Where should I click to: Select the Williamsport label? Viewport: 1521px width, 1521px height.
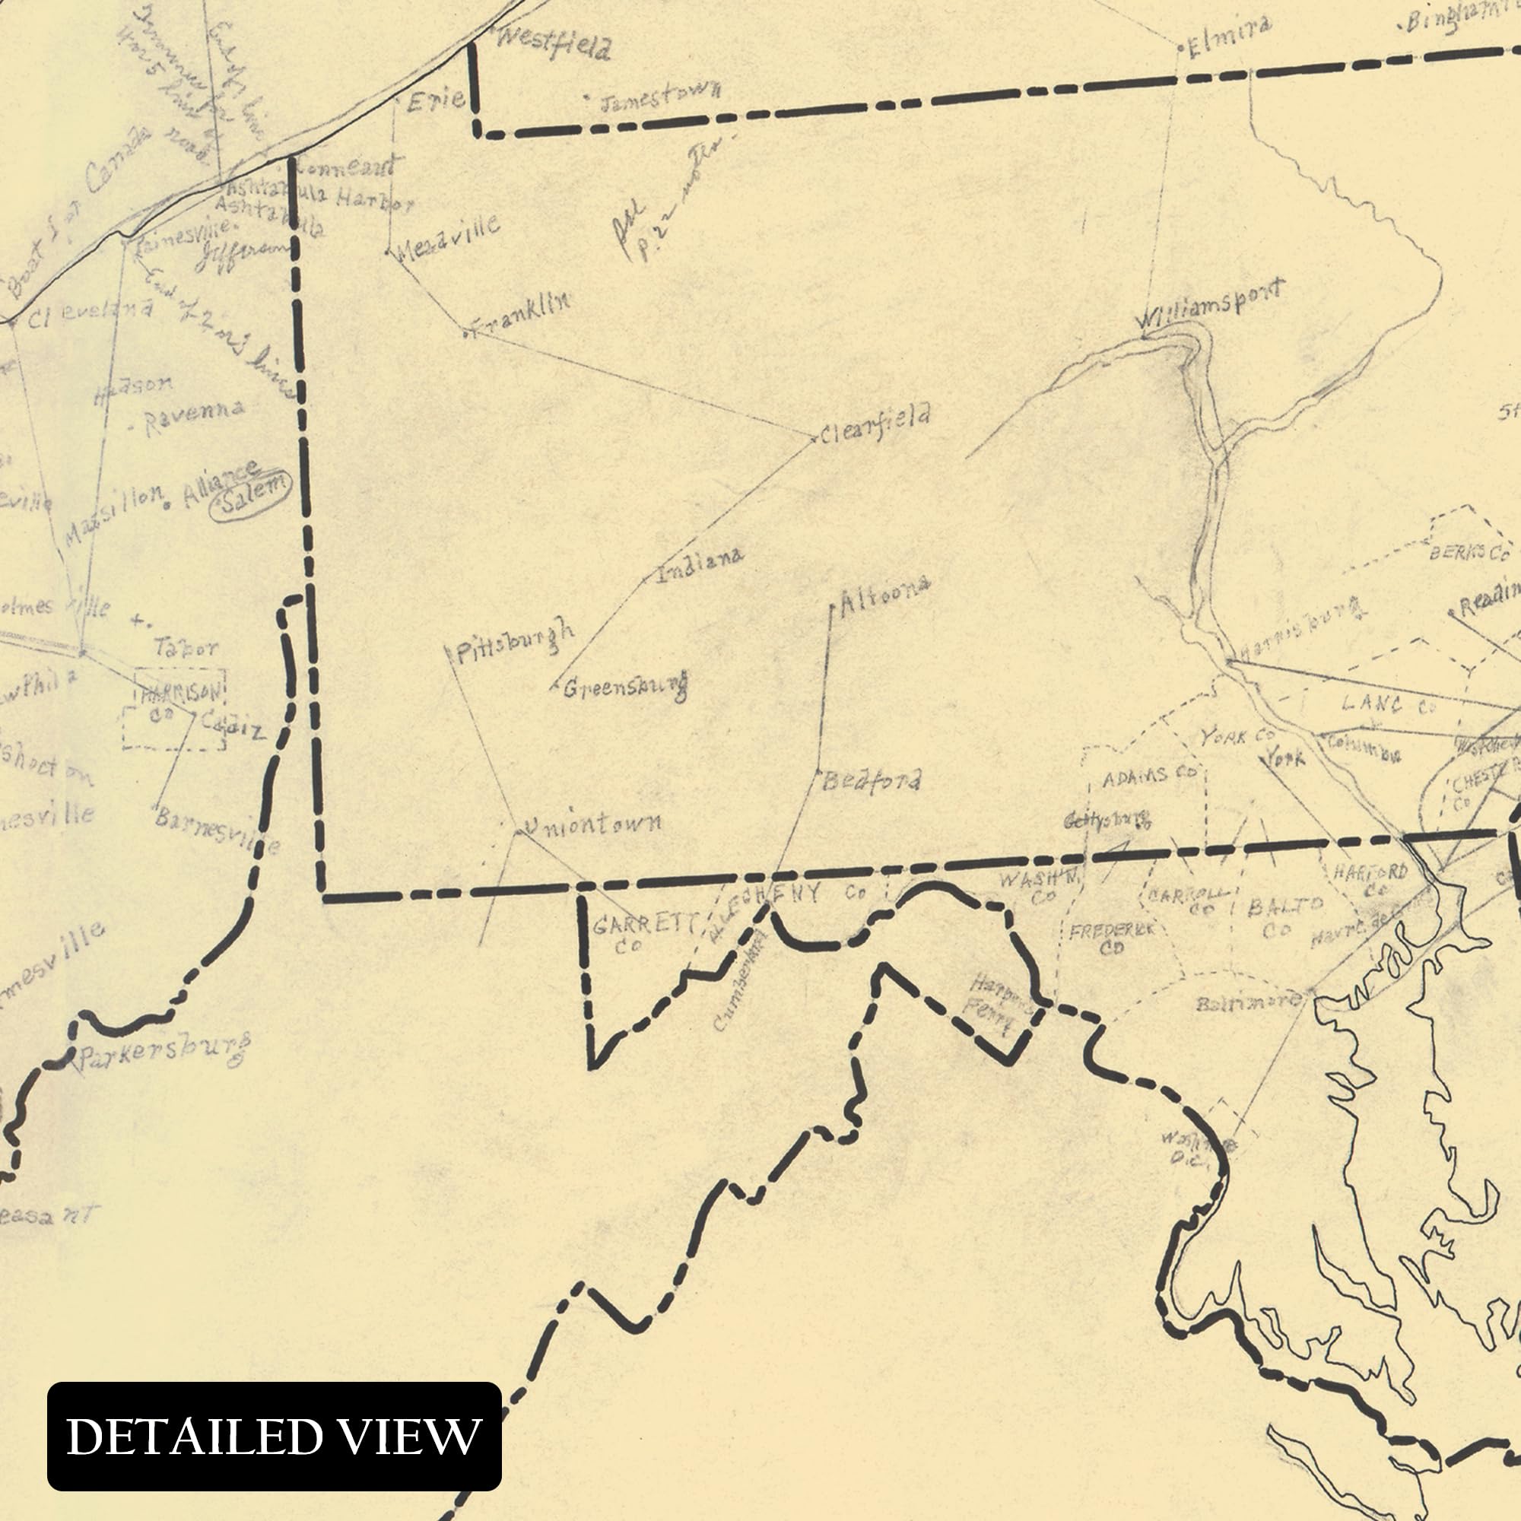tap(1210, 305)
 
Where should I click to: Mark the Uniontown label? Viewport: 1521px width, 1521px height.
tap(592, 824)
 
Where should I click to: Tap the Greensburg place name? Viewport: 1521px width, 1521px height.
tap(625, 687)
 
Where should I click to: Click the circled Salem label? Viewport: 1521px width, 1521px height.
tap(251, 495)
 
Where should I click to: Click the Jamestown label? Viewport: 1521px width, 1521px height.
tap(659, 96)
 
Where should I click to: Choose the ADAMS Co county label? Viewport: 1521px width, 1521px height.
tap(1148, 778)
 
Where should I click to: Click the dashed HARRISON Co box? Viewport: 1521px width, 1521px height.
tap(175, 709)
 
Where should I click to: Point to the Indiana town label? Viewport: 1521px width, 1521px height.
tap(700, 563)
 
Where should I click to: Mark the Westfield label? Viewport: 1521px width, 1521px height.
tap(554, 45)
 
